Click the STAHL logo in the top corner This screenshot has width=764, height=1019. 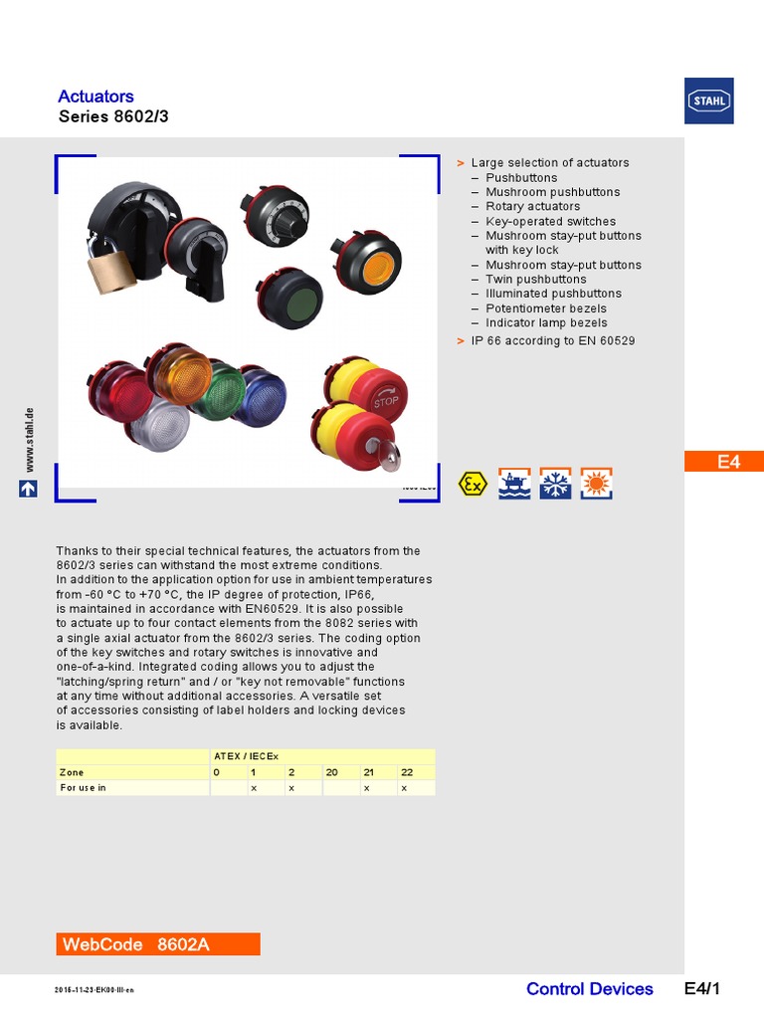point(708,101)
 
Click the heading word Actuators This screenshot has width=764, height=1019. point(95,97)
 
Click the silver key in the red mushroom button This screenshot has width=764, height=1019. point(387,456)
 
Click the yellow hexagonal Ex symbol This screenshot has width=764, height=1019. point(473,485)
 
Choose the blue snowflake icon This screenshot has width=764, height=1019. point(555,484)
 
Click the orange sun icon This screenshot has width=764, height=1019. point(596,484)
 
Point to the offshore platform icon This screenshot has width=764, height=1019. point(514,484)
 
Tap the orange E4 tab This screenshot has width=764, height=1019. point(728,462)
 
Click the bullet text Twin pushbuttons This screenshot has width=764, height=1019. point(535,280)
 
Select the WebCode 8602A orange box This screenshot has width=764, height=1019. point(158,944)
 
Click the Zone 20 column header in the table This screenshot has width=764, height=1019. point(332,772)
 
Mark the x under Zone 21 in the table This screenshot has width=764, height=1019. point(366,788)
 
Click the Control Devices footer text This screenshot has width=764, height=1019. point(589,989)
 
